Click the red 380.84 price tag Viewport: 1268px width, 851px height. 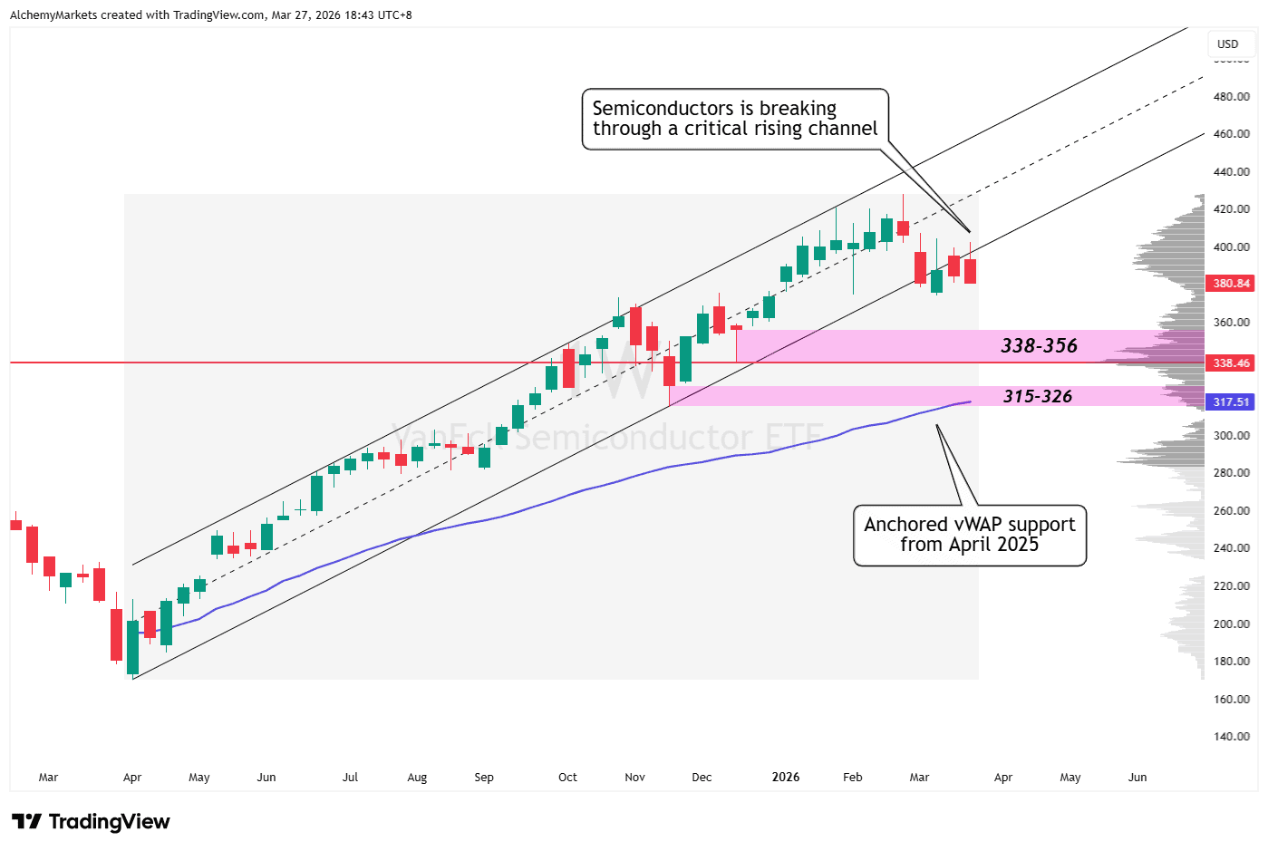[1231, 284]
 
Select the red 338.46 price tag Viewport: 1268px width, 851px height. [1231, 363]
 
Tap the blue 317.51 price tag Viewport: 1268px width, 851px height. [1231, 402]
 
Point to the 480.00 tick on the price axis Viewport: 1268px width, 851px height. [1231, 96]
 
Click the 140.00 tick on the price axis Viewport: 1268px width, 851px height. [1231, 737]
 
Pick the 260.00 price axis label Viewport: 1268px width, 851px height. [1231, 511]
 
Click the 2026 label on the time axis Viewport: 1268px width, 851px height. [785, 778]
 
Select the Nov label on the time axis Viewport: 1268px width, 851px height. [634, 778]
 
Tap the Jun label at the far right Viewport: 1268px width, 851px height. [1137, 778]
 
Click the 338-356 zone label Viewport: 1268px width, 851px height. [1039, 346]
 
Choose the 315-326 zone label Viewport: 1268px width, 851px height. [1037, 397]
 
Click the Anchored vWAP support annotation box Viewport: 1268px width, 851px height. [969, 535]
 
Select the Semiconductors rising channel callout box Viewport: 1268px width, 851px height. [734, 119]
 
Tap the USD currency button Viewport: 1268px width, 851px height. [1227, 44]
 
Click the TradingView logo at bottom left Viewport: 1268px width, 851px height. [91, 822]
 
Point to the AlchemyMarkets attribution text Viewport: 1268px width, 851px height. [210, 15]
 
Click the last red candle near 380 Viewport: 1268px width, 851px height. [970, 271]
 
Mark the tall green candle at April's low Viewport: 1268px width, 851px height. [133, 647]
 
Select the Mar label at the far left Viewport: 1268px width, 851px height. [48, 778]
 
